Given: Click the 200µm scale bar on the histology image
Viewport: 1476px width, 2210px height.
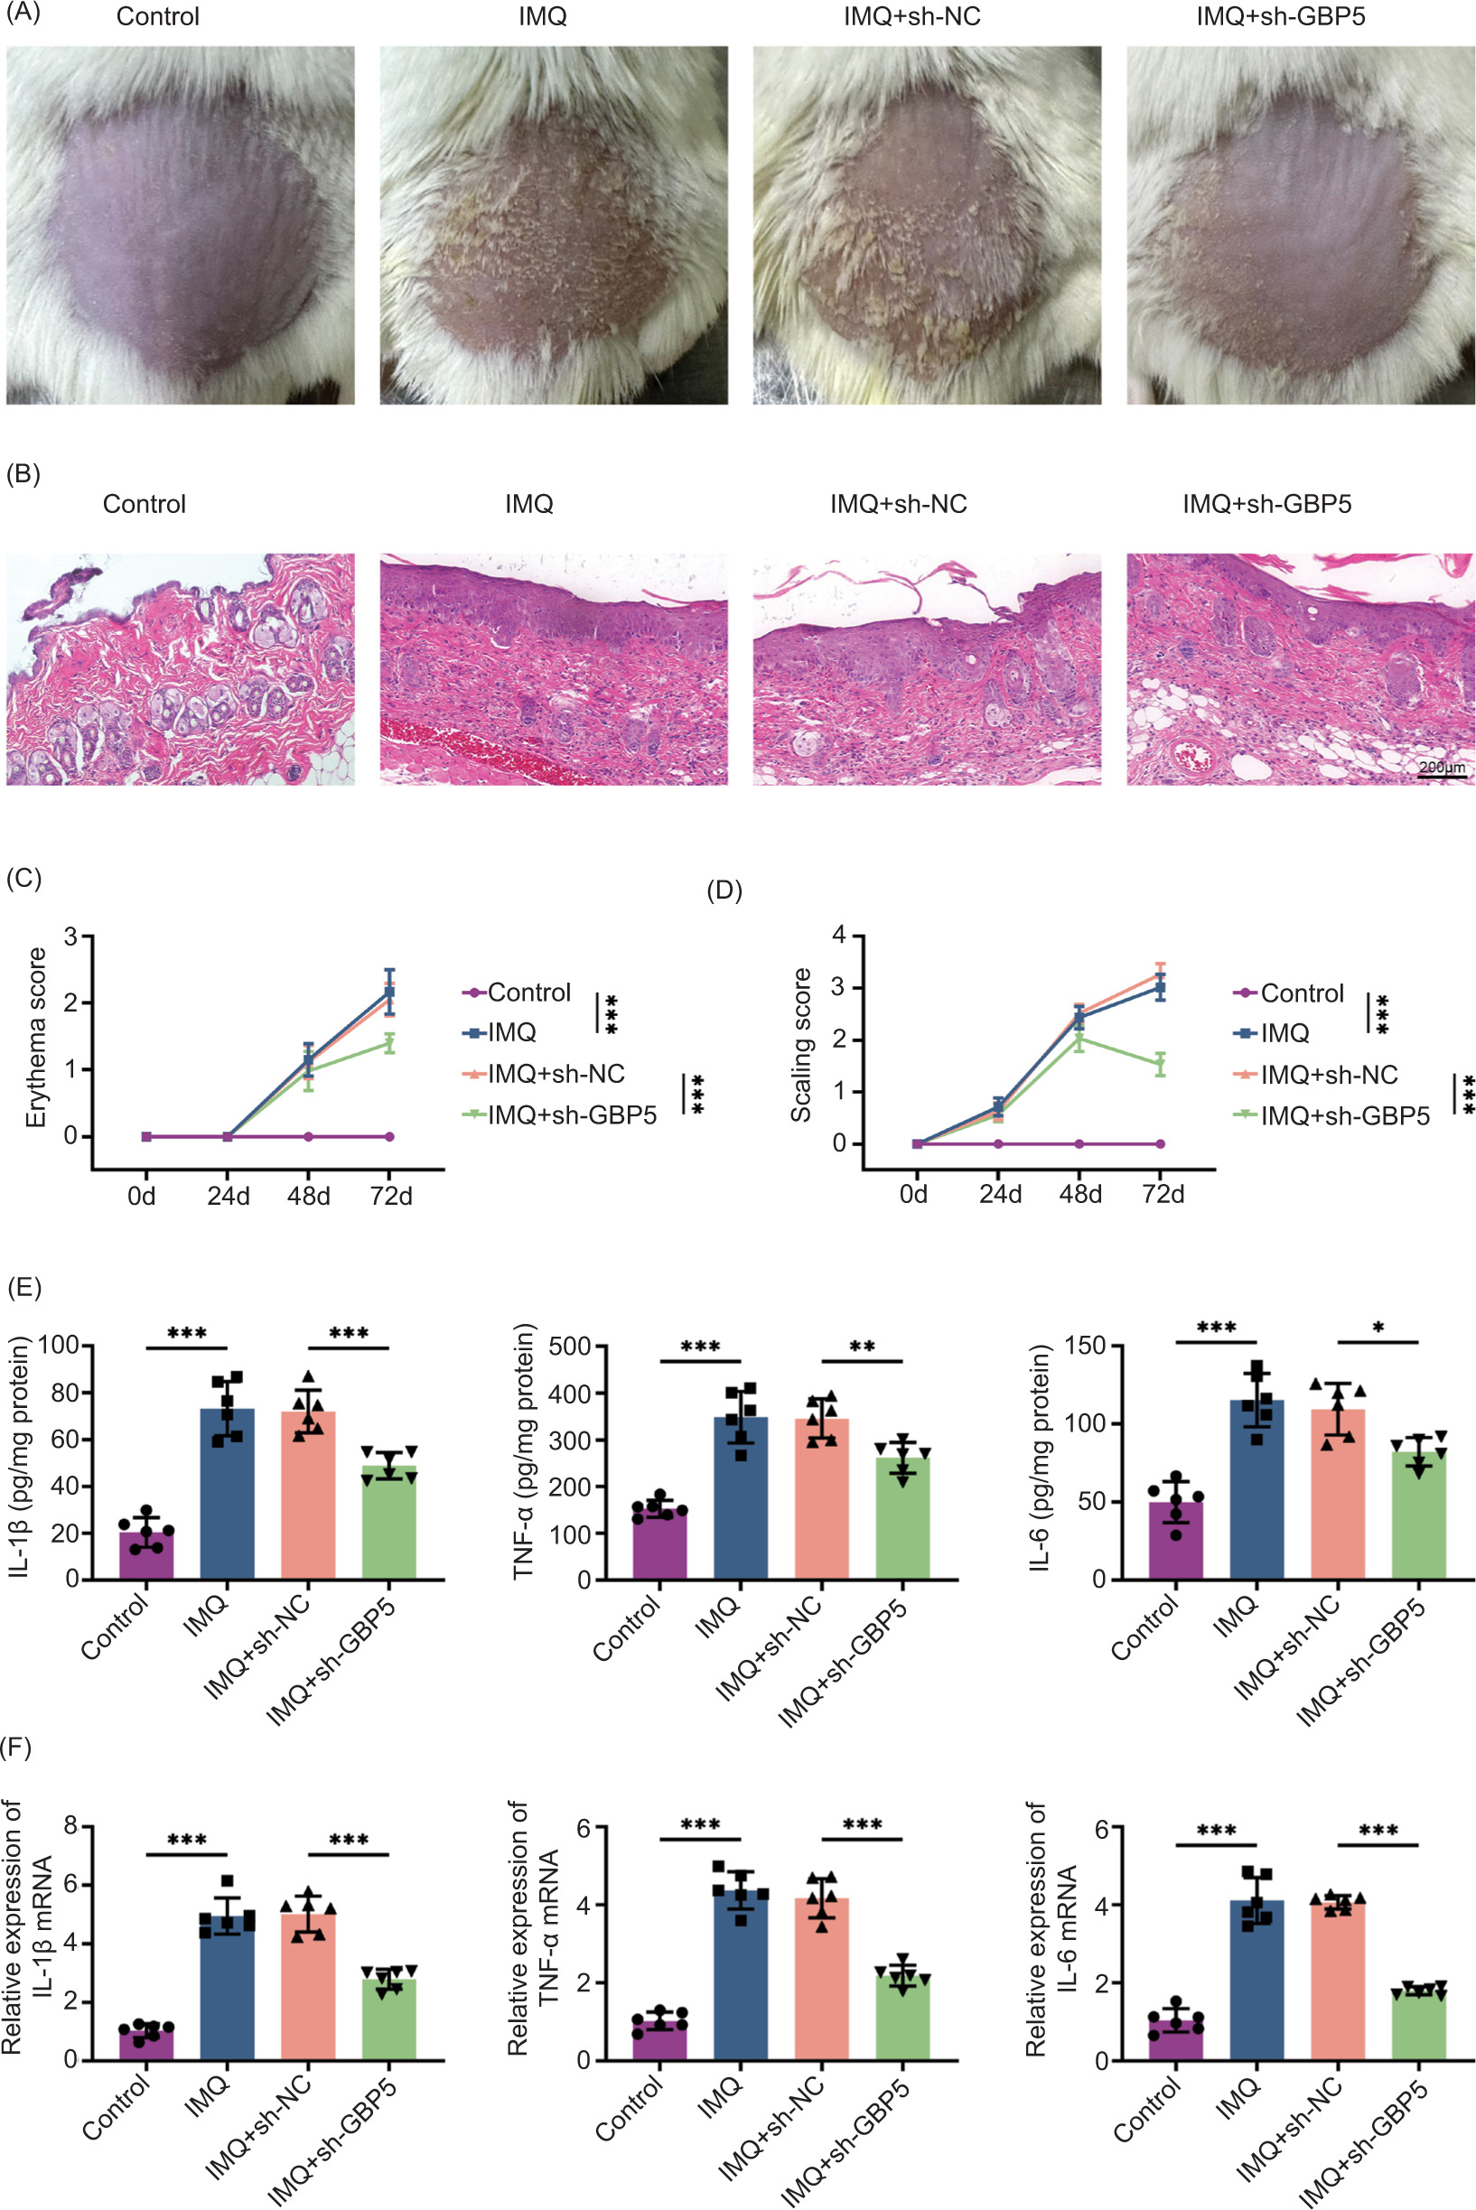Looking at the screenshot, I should coord(1441,776).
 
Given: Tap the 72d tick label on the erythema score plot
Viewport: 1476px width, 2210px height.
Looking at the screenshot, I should coord(390,1197).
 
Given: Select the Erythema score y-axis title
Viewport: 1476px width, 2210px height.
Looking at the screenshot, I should coord(36,1036).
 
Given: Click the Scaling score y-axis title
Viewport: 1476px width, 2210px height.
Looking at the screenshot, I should coord(801,1045).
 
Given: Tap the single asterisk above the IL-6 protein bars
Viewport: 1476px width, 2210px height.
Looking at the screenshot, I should coord(1378,1328).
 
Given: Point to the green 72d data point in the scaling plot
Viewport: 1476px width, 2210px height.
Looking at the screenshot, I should coord(1160,1064).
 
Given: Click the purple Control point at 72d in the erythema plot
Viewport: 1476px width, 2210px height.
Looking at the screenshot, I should coord(389,1136).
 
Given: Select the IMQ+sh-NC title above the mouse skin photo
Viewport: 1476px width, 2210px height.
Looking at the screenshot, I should coord(911,16).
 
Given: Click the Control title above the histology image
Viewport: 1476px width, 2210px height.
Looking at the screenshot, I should coord(144,505).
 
